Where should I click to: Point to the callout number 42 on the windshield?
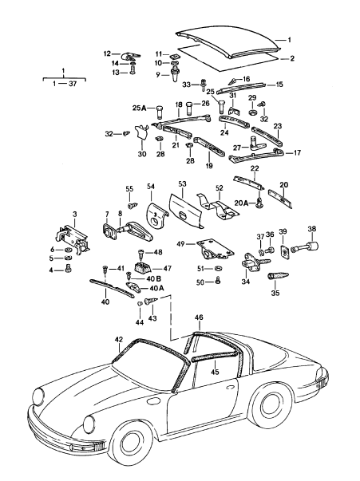118,341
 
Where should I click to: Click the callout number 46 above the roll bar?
199,317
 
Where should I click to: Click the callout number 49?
180,242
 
